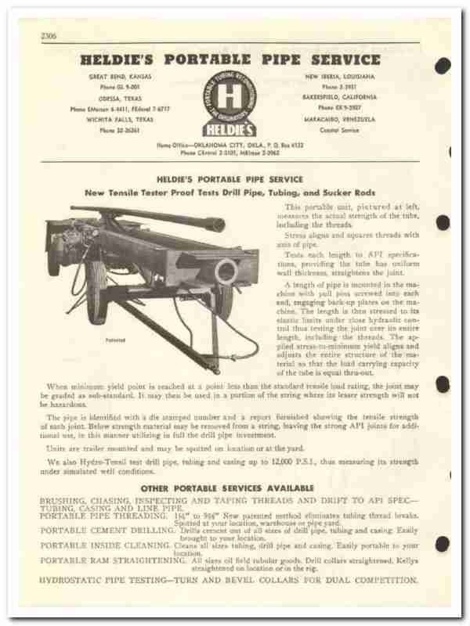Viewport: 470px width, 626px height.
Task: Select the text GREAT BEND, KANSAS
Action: tap(118, 77)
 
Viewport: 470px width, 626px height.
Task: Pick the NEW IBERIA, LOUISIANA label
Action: tap(331, 77)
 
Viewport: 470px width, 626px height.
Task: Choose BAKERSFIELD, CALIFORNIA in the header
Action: tap(331, 98)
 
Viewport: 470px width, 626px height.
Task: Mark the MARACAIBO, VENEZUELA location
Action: tap(331, 120)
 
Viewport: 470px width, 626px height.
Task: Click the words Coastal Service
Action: tap(331, 131)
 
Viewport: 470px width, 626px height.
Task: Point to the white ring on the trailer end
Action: tap(226, 272)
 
